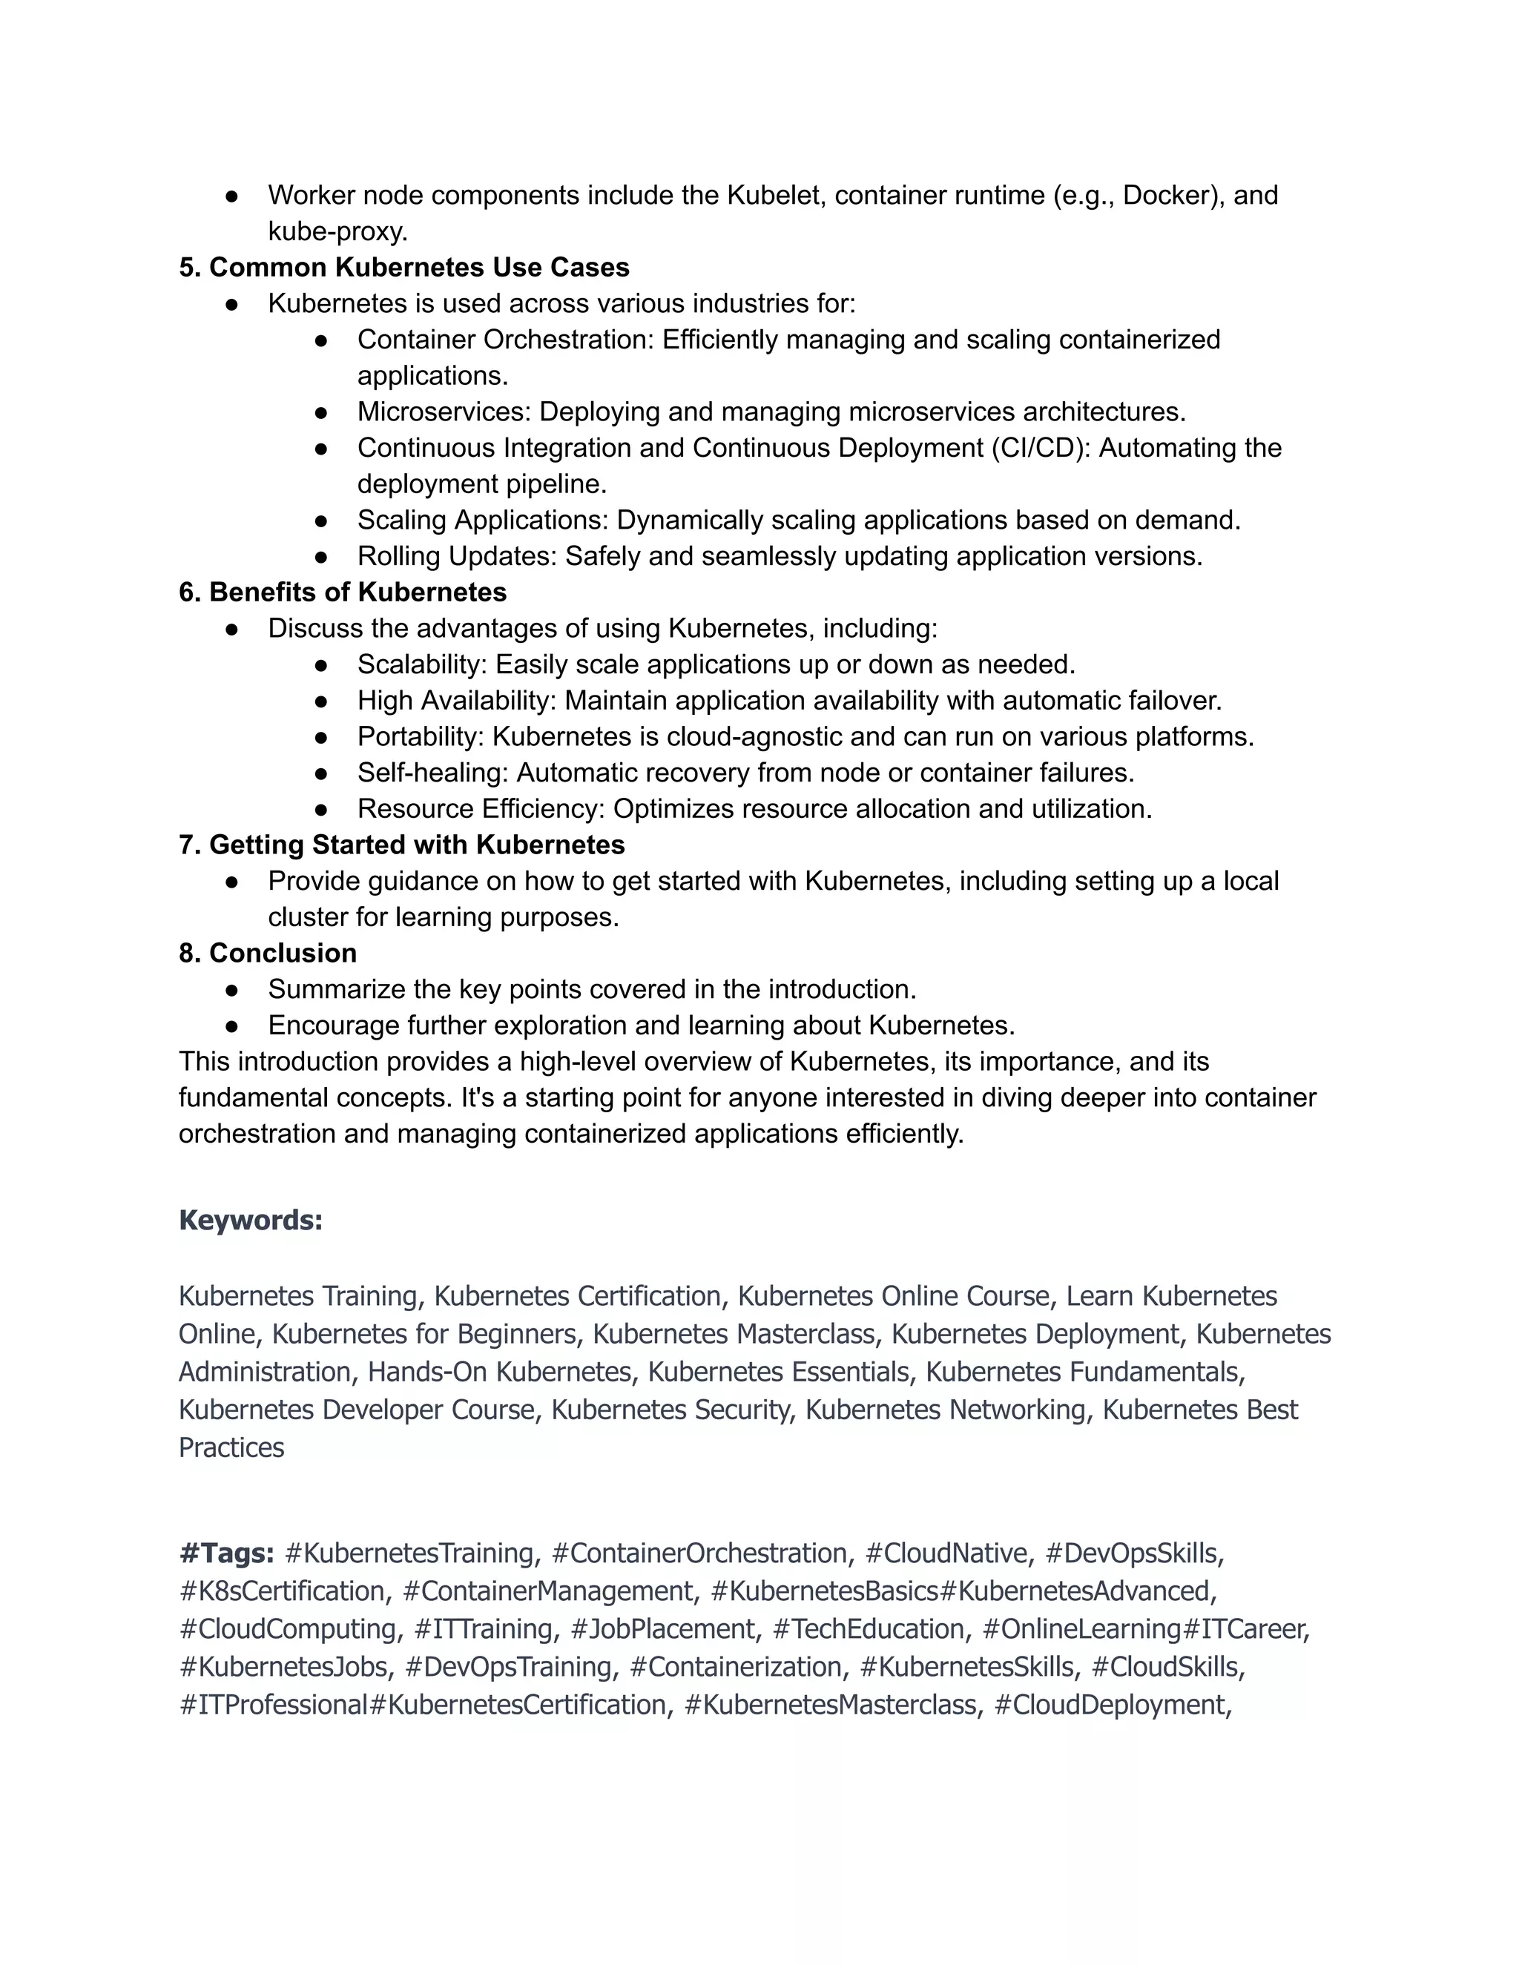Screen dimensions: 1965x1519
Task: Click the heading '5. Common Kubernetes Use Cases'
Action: coord(403,267)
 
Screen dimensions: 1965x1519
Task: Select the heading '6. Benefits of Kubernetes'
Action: coord(342,592)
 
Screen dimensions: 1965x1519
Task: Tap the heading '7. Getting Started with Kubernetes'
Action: coord(401,845)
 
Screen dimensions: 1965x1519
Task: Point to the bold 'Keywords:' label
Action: coord(250,1220)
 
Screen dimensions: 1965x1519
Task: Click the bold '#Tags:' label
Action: coord(227,1553)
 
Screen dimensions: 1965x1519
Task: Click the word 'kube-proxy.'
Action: coord(337,231)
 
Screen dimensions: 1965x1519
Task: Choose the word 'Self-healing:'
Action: coord(433,773)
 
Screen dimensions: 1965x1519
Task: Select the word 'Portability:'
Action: coord(421,737)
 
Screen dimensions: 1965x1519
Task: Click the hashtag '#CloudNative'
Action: coord(946,1553)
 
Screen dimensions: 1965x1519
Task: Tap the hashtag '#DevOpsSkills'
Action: coord(1131,1553)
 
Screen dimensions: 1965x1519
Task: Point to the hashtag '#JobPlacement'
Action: coord(662,1628)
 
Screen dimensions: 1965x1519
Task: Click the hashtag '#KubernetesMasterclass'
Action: coord(830,1704)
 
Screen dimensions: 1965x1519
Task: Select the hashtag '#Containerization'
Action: coord(735,1666)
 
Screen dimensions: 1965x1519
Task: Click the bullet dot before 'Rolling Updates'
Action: coord(321,557)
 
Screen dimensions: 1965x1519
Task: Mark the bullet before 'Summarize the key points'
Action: coord(231,990)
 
